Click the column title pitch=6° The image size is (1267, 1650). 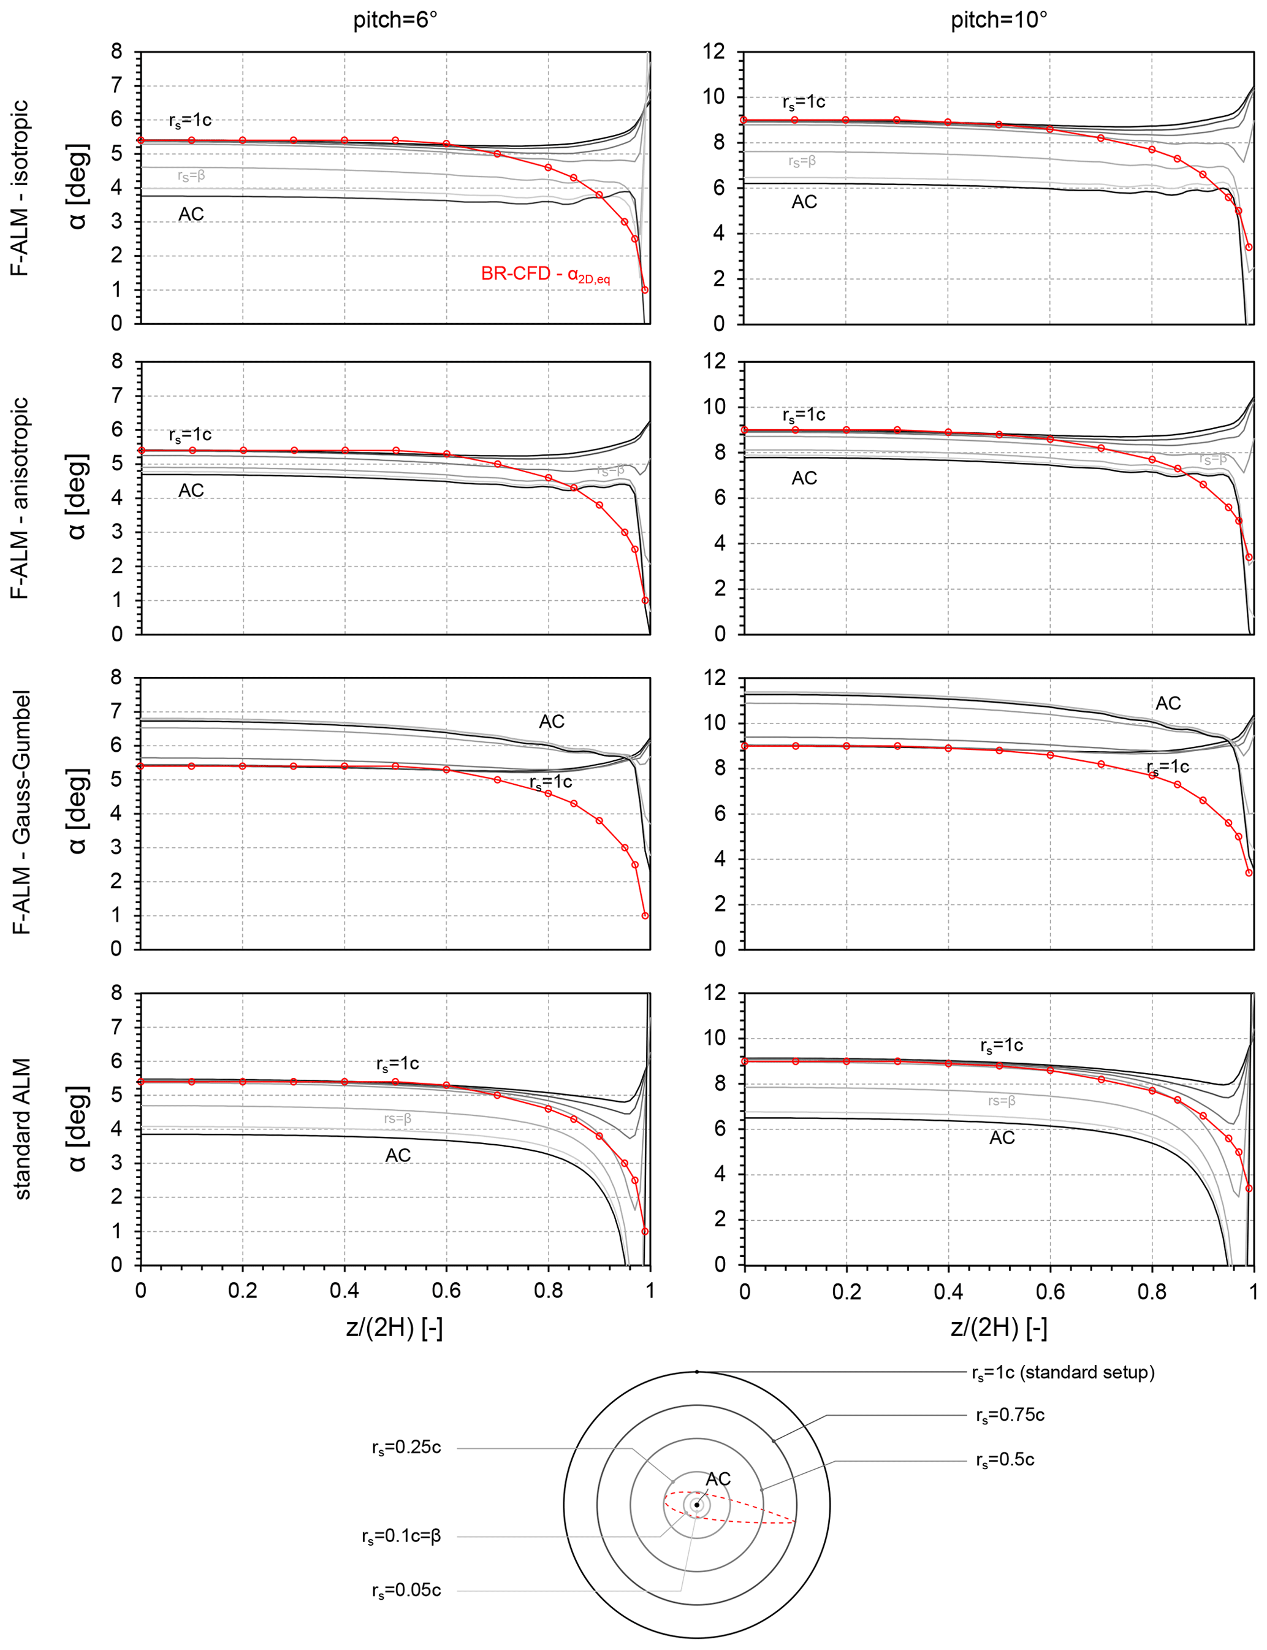click(395, 20)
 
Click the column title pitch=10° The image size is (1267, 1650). click(999, 20)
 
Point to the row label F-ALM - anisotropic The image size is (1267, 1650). click(20, 498)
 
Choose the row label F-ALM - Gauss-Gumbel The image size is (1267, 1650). click(20, 812)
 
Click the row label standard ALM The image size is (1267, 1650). click(20, 1129)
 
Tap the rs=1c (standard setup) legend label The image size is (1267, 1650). click(1063, 1372)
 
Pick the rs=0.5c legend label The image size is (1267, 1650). click(1005, 1460)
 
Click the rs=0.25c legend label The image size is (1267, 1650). click(406, 1448)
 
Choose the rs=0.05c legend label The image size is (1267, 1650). click(406, 1591)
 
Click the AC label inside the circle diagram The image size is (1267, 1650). click(718, 1480)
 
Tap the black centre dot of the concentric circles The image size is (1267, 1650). click(697, 1505)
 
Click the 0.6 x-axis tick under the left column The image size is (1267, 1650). click(446, 1290)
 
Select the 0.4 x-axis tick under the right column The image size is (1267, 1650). click(948, 1290)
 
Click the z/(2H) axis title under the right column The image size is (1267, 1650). click(999, 1328)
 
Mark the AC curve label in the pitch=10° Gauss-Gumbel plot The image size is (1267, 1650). click(1168, 703)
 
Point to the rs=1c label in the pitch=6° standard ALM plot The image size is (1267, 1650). click(397, 1064)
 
